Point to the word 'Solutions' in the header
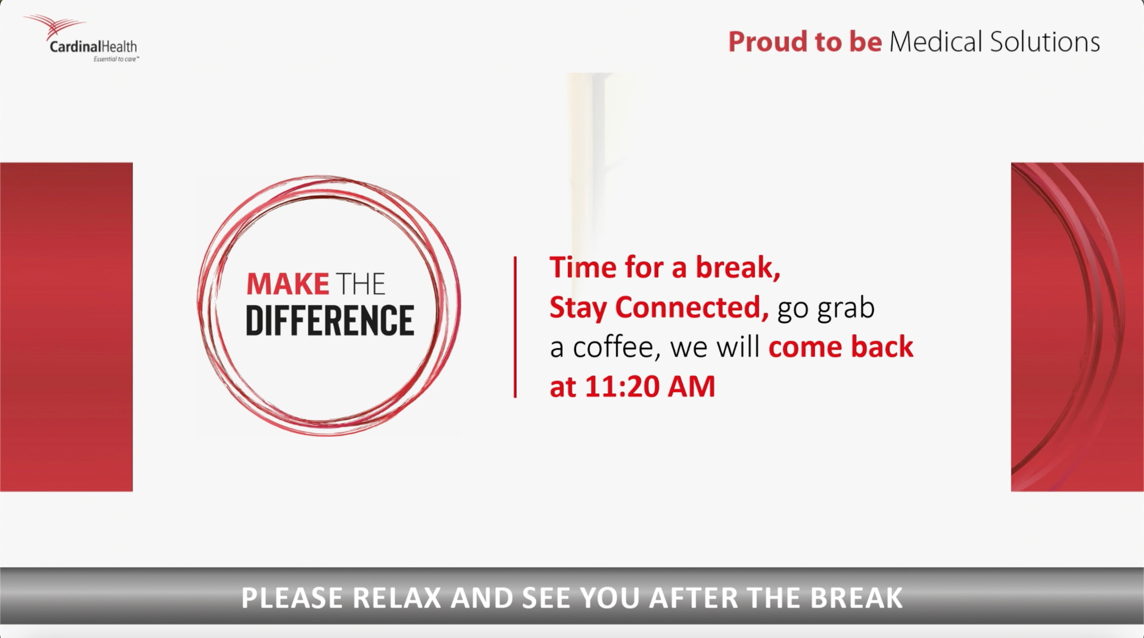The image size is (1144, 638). click(1045, 42)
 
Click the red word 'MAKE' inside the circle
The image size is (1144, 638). click(288, 284)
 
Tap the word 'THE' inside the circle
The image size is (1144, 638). click(361, 284)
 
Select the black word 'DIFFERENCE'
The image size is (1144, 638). click(330, 320)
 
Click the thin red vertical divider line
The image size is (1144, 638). click(515, 327)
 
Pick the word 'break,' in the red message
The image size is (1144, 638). click(738, 267)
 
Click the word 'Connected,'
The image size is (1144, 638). click(692, 307)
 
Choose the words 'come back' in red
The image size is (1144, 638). click(841, 347)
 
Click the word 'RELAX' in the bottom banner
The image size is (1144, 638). click(397, 598)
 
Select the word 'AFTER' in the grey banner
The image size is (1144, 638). click(693, 598)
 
